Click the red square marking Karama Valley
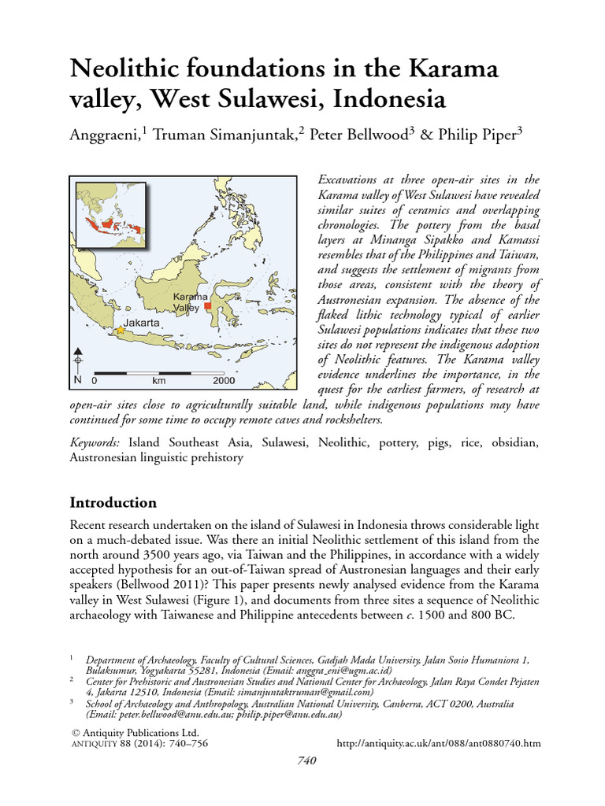click(208, 305)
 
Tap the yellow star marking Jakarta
click(120, 331)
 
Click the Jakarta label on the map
click(142, 323)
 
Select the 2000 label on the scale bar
click(224, 380)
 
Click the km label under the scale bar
click(159, 380)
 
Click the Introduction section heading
click(113, 502)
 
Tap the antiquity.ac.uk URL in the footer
click(439, 743)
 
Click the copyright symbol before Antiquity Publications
click(75, 732)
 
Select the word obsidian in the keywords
click(514, 443)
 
